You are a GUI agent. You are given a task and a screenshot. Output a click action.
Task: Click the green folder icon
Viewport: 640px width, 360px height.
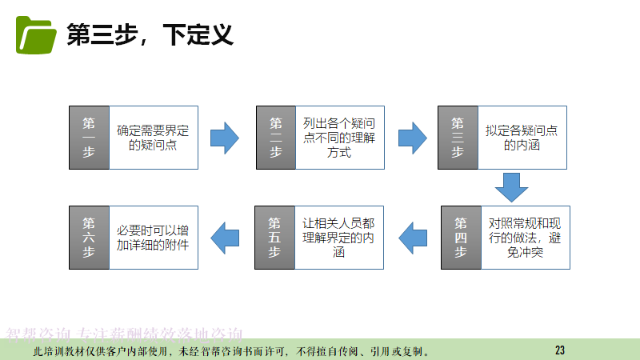pos(36,34)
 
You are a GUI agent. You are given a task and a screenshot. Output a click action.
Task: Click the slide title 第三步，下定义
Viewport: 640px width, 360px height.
pos(150,35)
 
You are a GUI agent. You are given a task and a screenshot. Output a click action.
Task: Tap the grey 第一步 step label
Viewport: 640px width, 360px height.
pos(88,137)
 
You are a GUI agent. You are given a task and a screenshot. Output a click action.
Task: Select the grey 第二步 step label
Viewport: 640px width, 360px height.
pos(275,137)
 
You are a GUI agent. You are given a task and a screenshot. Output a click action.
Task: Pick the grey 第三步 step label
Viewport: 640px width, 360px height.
pos(458,137)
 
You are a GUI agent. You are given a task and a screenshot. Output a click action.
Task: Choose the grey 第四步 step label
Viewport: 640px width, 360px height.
pos(461,237)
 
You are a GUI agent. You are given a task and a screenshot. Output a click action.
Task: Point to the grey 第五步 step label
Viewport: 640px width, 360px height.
pos(274,237)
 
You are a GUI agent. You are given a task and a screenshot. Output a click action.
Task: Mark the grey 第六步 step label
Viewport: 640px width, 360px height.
pos(88,237)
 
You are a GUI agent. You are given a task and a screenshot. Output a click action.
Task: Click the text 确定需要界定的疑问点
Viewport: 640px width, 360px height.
pos(152,137)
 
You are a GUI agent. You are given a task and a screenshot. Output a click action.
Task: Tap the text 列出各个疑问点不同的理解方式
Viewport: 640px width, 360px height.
pos(339,137)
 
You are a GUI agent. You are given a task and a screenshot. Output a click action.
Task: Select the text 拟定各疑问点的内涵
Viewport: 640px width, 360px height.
pos(522,137)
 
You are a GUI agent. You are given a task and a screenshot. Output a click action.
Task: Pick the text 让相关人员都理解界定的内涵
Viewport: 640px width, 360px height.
pos(338,237)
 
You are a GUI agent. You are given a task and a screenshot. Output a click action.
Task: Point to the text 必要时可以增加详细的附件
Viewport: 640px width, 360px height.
pos(153,237)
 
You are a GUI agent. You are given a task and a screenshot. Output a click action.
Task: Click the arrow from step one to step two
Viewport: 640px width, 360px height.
pos(225,137)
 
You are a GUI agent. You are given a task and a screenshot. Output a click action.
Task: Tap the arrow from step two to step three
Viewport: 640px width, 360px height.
pos(412,137)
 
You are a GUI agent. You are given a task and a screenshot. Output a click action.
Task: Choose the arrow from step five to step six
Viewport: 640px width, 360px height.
pos(225,237)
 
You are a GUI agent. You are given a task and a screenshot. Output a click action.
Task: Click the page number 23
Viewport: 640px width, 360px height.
pos(559,350)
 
